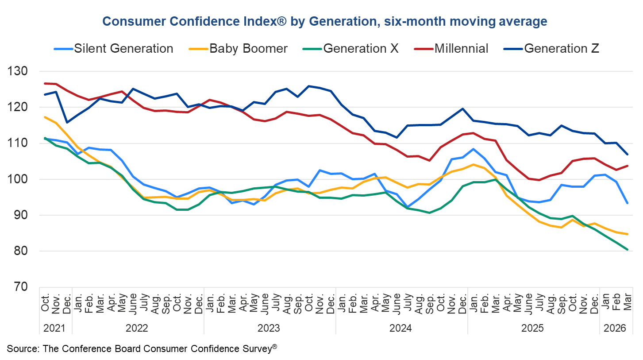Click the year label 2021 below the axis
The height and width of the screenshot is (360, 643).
55,329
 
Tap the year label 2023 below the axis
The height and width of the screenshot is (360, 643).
269,329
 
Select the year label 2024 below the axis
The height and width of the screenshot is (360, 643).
401,329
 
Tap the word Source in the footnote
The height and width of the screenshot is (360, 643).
22,348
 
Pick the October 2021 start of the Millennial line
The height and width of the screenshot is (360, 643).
45,83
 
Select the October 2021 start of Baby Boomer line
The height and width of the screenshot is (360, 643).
45,117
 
